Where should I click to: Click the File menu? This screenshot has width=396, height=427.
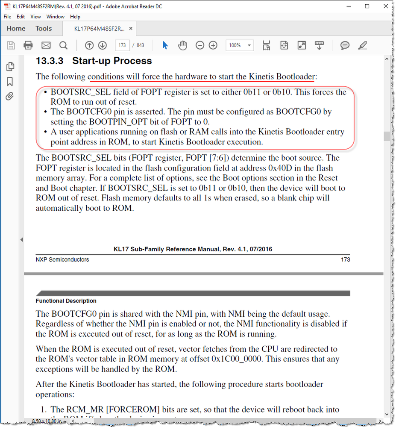point(7,17)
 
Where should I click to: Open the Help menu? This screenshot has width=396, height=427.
point(75,17)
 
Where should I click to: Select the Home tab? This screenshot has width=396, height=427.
point(16,29)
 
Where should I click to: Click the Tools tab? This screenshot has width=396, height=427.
point(44,29)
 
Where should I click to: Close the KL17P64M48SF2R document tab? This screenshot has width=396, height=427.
point(131,29)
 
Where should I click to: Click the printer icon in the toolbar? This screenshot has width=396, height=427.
point(28,45)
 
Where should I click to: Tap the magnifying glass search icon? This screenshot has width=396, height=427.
point(63,45)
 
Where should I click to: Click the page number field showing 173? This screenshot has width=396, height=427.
point(122,45)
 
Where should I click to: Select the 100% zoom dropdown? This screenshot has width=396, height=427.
point(239,45)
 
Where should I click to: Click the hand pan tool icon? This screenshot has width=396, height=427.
point(183,45)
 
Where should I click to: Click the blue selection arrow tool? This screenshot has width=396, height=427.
point(165,45)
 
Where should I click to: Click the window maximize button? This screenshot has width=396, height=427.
point(367,6)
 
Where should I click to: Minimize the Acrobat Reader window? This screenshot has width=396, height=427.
point(347,6)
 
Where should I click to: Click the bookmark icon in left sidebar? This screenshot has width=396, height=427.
point(10,82)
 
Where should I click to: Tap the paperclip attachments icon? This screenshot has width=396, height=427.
point(10,96)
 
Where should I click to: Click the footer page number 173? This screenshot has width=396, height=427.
point(345,259)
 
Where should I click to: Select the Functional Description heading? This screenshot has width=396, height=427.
point(66,301)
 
